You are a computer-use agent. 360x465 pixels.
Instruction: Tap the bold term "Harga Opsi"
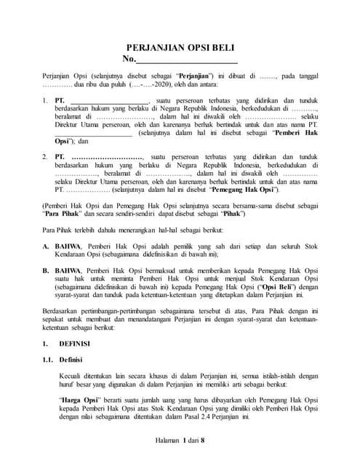pyautogui.click(x=79, y=400)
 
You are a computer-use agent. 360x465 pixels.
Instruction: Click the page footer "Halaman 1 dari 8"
pyautogui.click(x=180, y=440)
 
